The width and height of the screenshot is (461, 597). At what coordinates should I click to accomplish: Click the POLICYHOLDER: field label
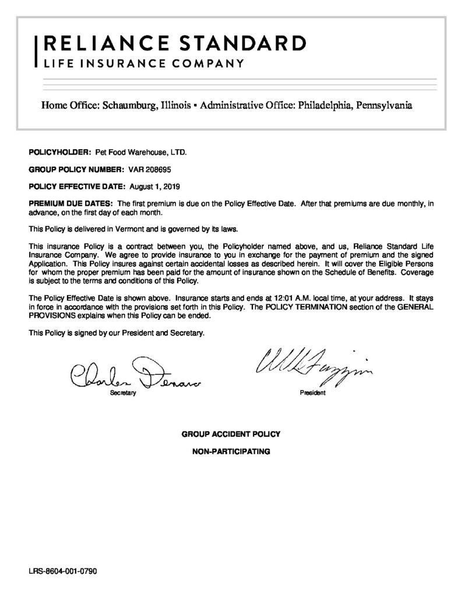(x=58, y=153)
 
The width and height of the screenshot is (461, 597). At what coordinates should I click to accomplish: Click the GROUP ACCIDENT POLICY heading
(x=231, y=434)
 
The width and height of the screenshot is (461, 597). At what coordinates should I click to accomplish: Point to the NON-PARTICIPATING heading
(x=231, y=451)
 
